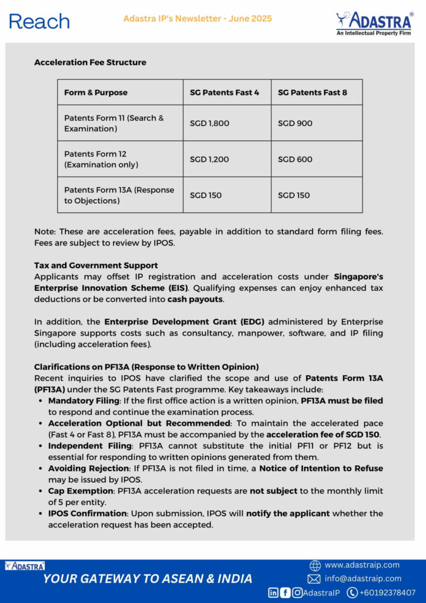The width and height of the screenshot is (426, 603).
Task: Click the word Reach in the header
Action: (x=39, y=21)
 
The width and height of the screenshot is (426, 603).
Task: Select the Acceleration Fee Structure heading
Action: (x=90, y=62)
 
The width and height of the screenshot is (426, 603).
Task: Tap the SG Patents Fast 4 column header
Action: (x=224, y=92)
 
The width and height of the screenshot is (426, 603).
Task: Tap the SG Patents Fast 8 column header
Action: (x=312, y=92)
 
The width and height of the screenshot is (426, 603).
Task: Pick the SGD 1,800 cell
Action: (x=209, y=123)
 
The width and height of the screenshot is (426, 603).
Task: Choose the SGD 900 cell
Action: (x=295, y=123)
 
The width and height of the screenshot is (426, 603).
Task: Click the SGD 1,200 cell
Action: (x=209, y=159)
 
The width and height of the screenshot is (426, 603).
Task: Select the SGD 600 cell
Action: (x=295, y=159)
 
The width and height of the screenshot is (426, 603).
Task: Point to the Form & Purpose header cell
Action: (x=96, y=92)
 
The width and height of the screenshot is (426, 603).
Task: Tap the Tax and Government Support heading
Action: (x=96, y=266)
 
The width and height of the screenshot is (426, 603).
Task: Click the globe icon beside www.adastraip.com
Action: (x=315, y=565)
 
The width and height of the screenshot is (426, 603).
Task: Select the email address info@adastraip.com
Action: (x=362, y=578)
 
